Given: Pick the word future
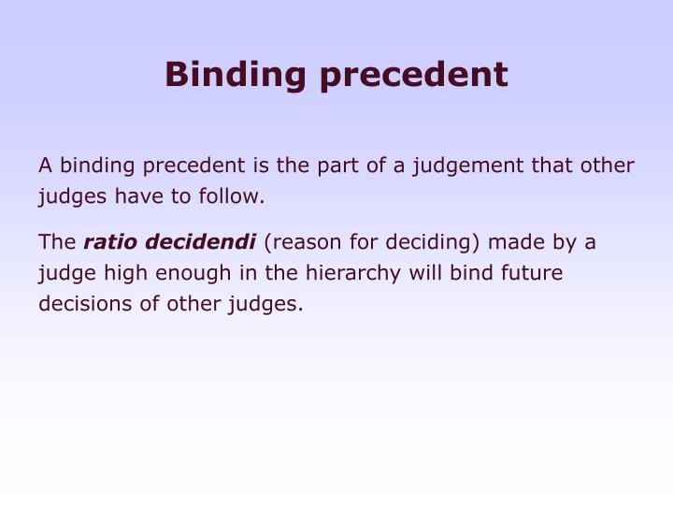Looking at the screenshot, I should [x=531, y=274].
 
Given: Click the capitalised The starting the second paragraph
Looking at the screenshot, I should [x=57, y=243].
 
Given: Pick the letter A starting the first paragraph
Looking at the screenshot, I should [x=45, y=166].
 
